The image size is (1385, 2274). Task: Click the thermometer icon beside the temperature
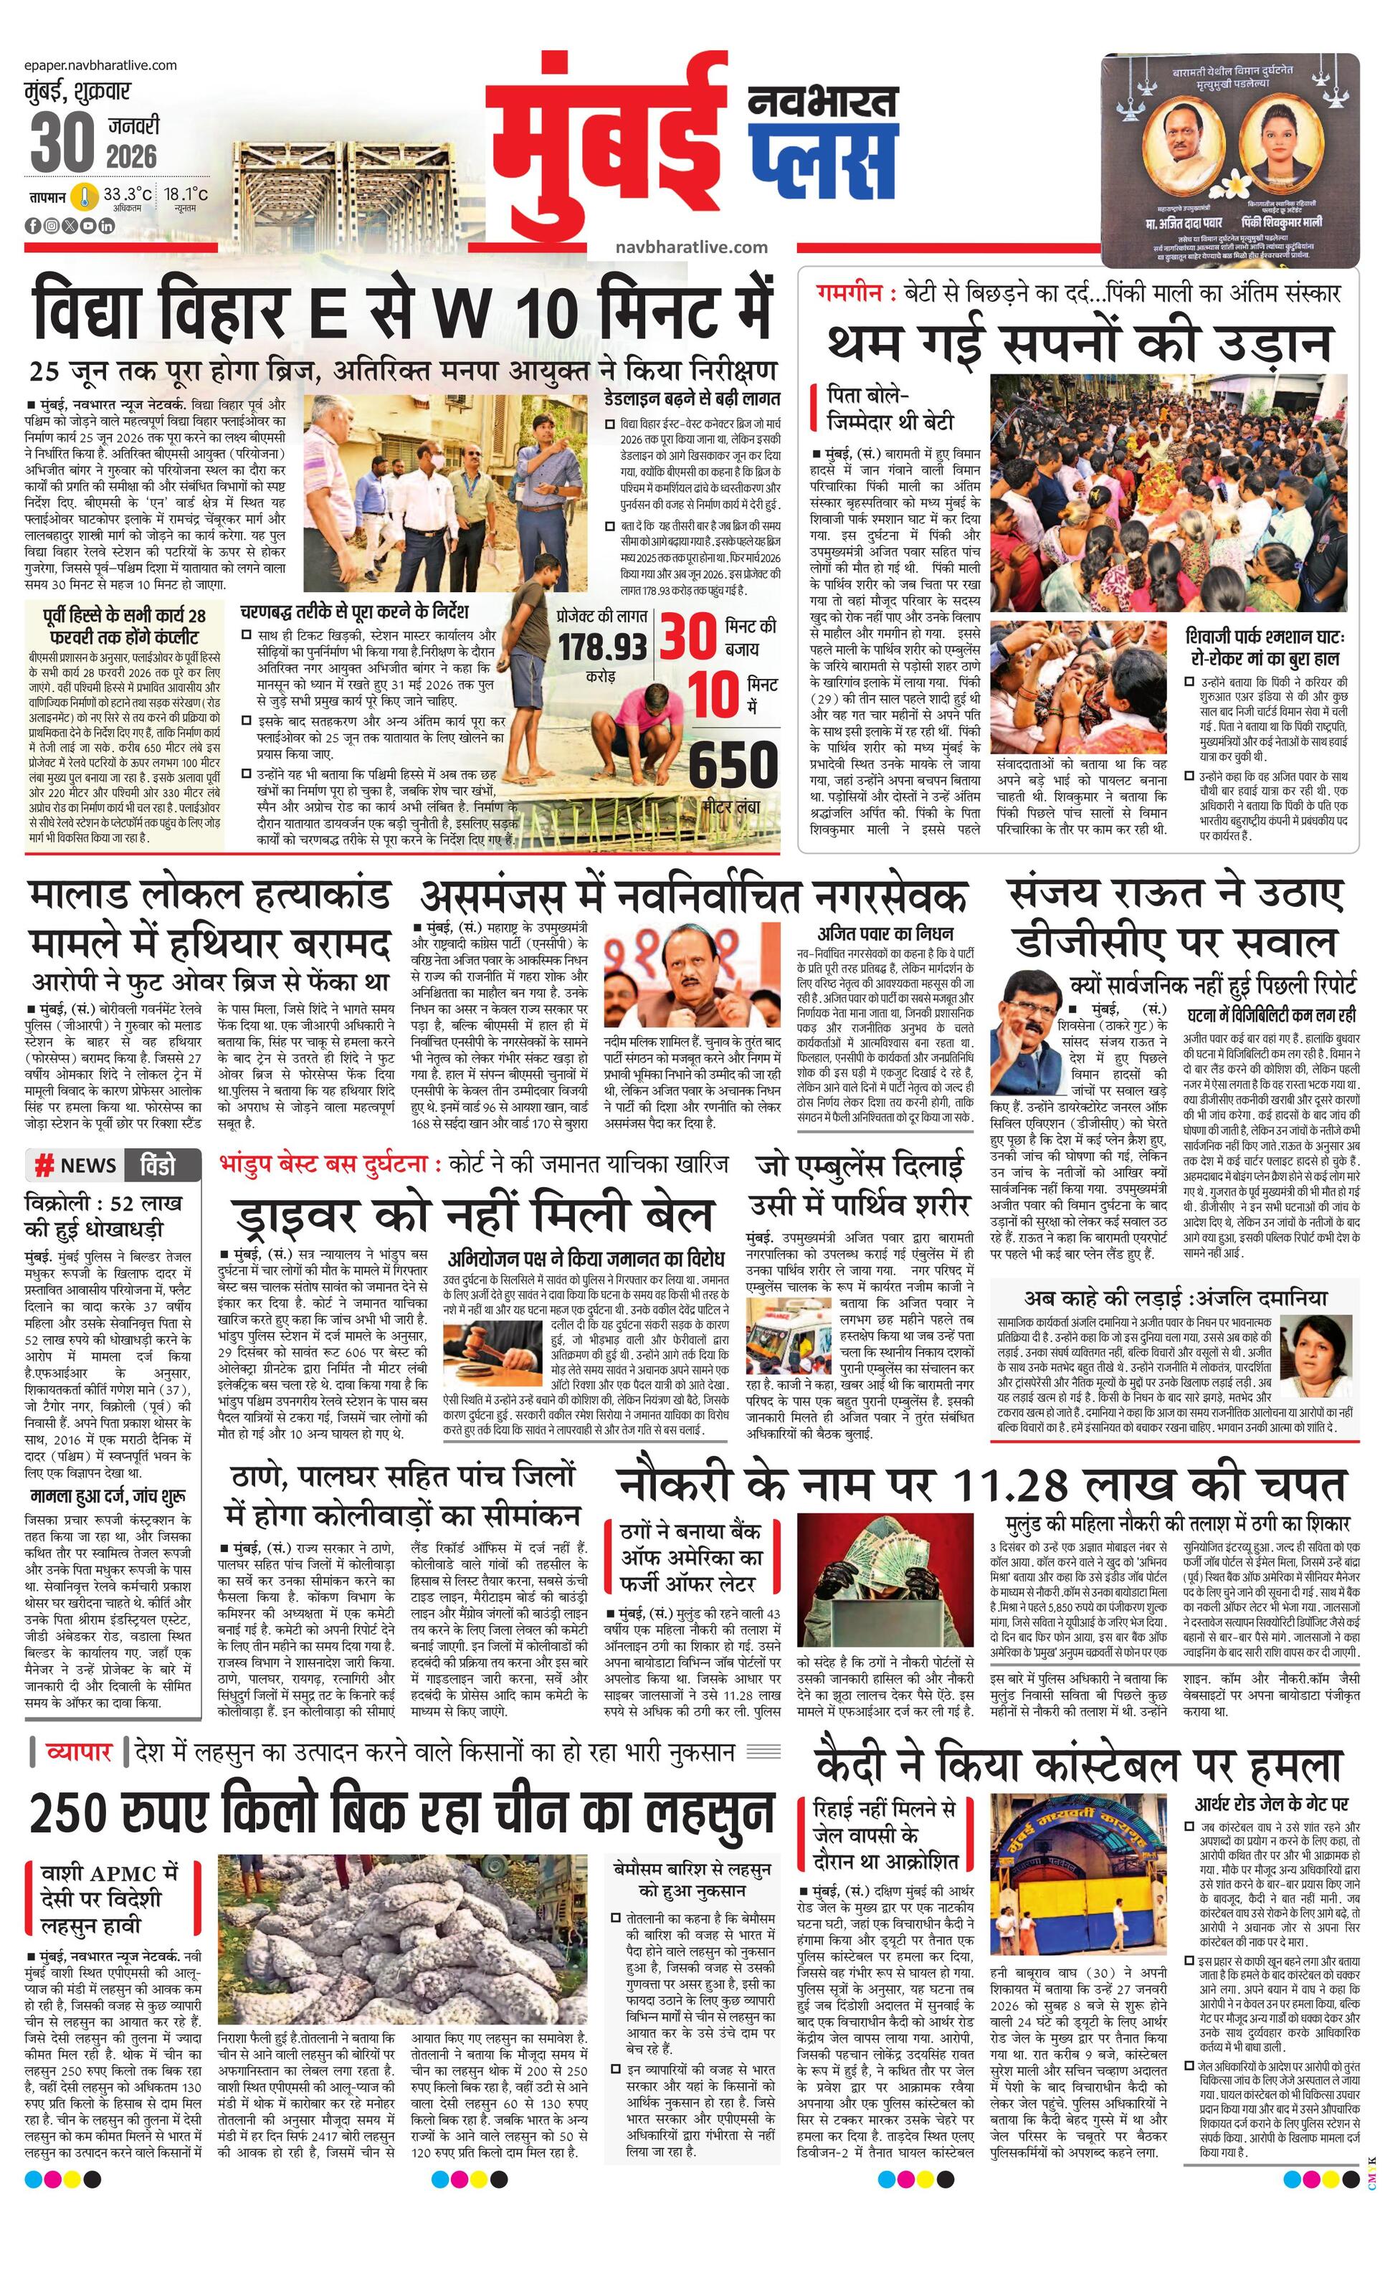click(86, 196)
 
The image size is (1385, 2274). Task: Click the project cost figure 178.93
click(601, 646)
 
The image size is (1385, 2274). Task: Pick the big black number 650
click(733, 764)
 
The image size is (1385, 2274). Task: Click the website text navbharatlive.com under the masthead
click(691, 247)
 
